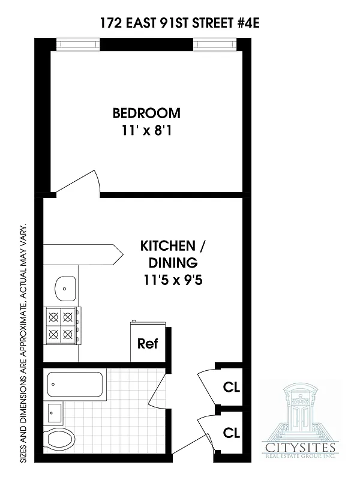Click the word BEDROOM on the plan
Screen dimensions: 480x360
(x=146, y=113)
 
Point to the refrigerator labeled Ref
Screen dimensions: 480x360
(x=148, y=344)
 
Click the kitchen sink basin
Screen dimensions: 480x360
(x=64, y=288)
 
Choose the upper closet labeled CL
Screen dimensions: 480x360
(x=231, y=386)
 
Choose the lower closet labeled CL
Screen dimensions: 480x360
(x=231, y=432)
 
